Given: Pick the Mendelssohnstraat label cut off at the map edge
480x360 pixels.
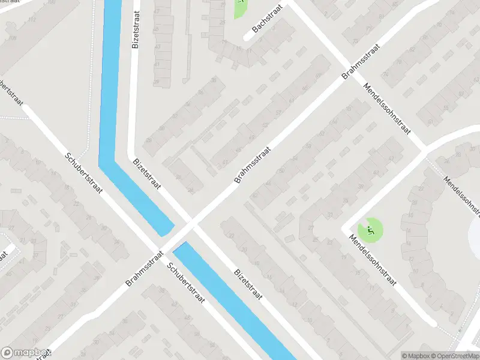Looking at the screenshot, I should click(463, 196).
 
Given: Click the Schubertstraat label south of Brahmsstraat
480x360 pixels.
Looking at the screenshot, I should click(187, 284).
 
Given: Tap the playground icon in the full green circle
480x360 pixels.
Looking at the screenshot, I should click(370, 229).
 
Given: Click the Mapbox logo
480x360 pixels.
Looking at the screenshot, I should click(25, 353).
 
